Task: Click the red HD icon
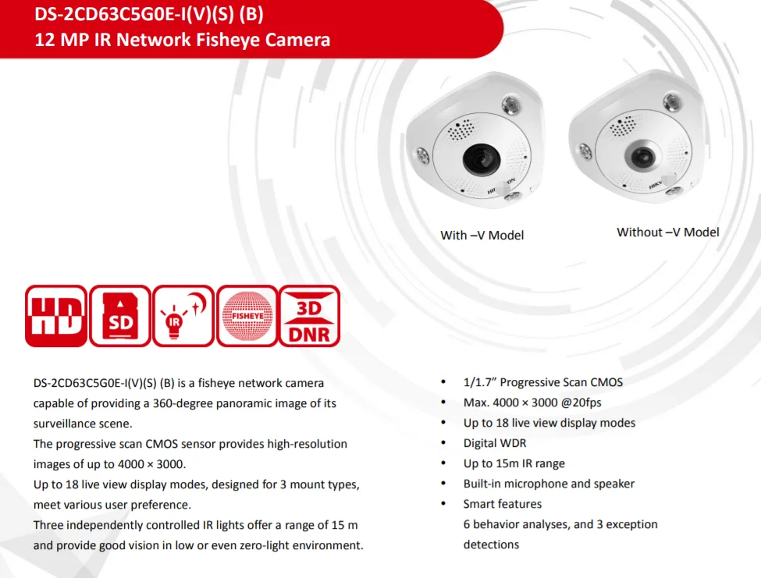pyautogui.click(x=56, y=316)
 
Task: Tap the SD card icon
pyautogui.click(x=119, y=316)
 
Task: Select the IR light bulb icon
pyautogui.click(x=183, y=316)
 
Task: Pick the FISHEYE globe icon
pyautogui.click(x=247, y=316)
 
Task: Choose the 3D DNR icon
pyautogui.click(x=310, y=316)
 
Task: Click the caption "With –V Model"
pyautogui.click(x=482, y=235)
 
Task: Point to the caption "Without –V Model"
pyautogui.click(x=668, y=232)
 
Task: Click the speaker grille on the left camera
pyautogui.click(x=461, y=131)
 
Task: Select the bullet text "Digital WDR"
pyautogui.click(x=495, y=443)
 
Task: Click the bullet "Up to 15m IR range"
pyautogui.click(x=514, y=463)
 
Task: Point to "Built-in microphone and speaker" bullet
pyautogui.click(x=549, y=484)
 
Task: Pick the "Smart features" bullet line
pyautogui.click(x=502, y=504)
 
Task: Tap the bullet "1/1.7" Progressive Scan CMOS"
pyautogui.click(x=542, y=382)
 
